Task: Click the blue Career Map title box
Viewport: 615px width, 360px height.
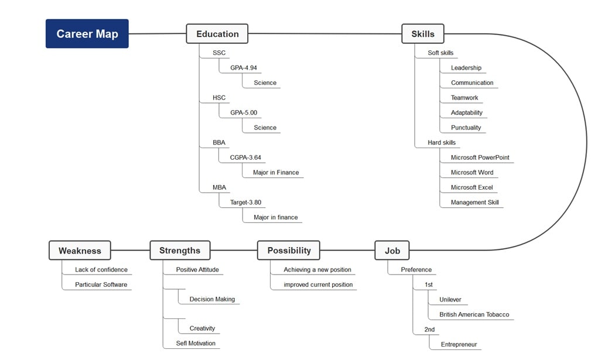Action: tap(87, 34)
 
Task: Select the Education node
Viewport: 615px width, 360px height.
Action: tap(217, 34)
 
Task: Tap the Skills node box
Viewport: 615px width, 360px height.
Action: tap(422, 34)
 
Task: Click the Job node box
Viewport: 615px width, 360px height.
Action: tap(392, 251)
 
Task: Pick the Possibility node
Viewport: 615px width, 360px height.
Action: tap(289, 251)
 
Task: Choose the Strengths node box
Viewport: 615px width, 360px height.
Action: tap(179, 251)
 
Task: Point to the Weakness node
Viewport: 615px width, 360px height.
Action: tap(80, 251)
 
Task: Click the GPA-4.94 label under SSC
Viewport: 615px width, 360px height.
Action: tap(243, 68)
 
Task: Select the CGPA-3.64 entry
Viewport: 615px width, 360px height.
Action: tap(245, 157)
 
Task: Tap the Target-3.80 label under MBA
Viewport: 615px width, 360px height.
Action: tap(245, 203)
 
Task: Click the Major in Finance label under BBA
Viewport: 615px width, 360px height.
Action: tap(276, 173)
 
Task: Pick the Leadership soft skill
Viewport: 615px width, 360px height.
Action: tap(466, 68)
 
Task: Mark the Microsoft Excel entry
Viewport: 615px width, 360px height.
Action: tap(471, 187)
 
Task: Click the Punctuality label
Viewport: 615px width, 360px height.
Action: tap(466, 128)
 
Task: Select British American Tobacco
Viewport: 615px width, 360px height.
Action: tap(474, 315)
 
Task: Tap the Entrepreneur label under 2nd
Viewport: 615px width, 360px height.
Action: tap(459, 345)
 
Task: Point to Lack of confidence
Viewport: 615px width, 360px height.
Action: tap(101, 270)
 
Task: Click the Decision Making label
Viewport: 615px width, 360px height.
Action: tap(212, 300)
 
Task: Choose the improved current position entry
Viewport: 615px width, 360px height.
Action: tap(318, 285)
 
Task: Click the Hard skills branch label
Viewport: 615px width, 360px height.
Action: tap(441, 143)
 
